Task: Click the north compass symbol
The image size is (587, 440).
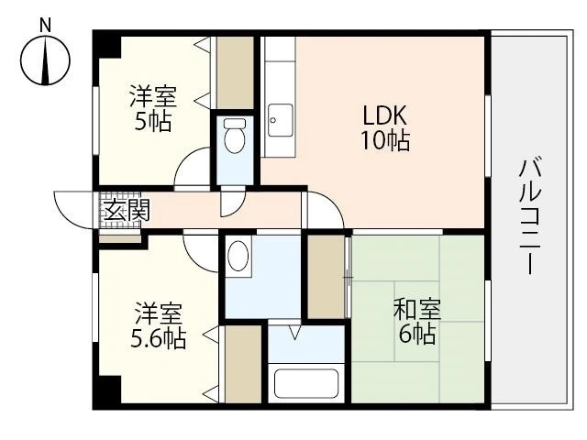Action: (x=45, y=60)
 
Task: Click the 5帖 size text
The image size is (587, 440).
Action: (x=152, y=121)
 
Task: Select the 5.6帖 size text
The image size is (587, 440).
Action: (x=158, y=338)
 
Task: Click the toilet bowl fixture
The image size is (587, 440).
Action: (x=236, y=138)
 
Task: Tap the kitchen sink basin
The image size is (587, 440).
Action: (x=279, y=118)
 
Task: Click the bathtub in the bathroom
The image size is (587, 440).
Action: (x=306, y=383)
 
